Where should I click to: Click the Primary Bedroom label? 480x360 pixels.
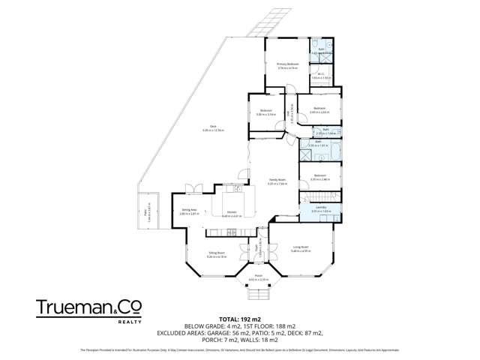(288, 64)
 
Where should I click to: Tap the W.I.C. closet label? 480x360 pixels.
(321, 74)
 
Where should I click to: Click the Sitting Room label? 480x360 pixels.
(217, 254)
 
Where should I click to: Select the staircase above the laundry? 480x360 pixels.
(319, 197)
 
